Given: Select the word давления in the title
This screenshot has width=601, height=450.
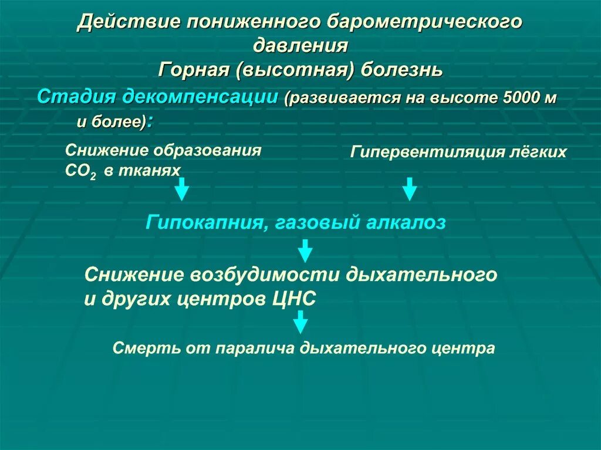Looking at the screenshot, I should click(301, 46).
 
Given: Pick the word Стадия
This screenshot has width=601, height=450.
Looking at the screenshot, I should click(76, 96).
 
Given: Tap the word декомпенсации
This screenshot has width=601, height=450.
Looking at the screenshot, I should click(199, 97).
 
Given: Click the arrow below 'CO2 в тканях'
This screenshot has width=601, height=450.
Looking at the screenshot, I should click(182, 189).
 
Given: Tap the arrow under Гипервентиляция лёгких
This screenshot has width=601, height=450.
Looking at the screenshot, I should click(410, 189).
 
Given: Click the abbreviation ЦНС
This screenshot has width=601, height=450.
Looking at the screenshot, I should click(294, 298).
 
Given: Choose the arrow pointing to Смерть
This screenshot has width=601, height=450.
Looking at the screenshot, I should click(300, 322).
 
